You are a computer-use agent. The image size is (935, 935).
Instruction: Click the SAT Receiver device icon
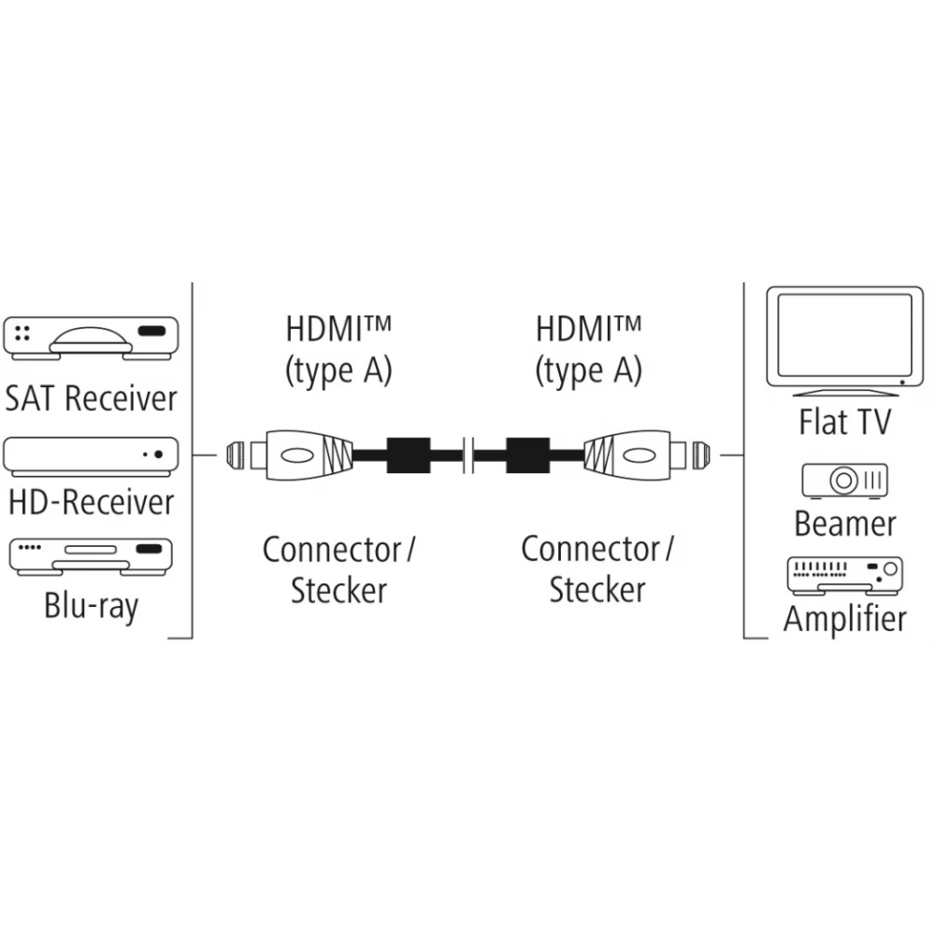(x=91, y=338)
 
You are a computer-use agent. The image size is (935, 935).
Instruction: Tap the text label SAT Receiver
(x=91, y=398)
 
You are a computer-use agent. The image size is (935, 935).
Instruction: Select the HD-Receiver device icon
(x=91, y=455)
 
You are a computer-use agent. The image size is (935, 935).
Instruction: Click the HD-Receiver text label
(x=91, y=503)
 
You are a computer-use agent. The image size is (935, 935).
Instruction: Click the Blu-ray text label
(x=91, y=607)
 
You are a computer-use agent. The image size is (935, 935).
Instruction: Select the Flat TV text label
(x=844, y=421)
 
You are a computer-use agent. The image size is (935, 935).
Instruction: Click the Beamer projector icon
(x=844, y=481)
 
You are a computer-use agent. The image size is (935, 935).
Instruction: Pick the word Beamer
(x=844, y=524)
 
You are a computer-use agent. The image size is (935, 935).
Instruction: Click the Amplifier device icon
(x=844, y=575)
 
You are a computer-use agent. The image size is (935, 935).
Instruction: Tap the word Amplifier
(x=844, y=619)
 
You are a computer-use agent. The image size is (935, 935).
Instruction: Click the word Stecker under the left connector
(x=338, y=591)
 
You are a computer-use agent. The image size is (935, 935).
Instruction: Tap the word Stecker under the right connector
(x=597, y=591)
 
